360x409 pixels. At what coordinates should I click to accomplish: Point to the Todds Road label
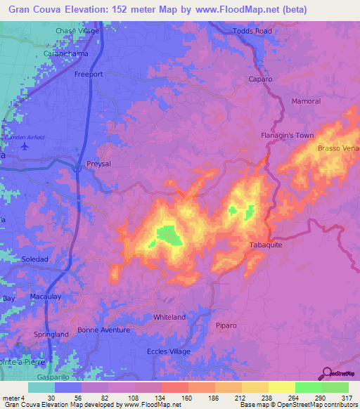(252, 32)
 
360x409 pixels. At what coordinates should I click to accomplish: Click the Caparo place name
(260, 79)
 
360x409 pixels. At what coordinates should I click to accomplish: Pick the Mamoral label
(305, 101)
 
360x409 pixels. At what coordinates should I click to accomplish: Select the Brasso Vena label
(338, 148)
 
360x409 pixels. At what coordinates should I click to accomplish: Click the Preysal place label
(98, 163)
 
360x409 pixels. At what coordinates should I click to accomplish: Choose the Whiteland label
(169, 317)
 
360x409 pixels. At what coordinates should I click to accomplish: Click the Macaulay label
(48, 297)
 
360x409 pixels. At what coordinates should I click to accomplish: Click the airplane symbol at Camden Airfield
(25, 147)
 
